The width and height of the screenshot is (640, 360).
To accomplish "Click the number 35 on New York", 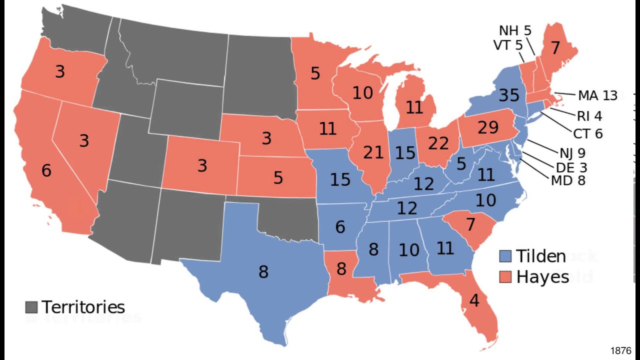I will [x=508, y=95].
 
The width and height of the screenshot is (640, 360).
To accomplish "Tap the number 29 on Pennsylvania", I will [x=488, y=128].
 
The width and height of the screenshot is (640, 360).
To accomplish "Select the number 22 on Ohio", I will [x=438, y=144].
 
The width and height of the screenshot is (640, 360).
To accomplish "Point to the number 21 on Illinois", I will [x=373, y=152].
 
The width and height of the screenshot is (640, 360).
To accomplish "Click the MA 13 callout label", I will [x=597, y=95].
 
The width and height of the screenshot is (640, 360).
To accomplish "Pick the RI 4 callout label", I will [x=589, y=116].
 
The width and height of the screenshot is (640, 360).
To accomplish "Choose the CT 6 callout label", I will [x=588, y=133].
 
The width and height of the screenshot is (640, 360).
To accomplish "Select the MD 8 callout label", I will [x=567, y=180].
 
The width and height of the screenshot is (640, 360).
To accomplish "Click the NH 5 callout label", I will [x=515, y=31].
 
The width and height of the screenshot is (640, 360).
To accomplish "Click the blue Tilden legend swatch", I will [x=505, y=256].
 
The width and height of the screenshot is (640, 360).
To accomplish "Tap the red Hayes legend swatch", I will [x=505, y=276].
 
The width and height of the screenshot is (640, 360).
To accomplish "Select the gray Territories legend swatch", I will [x=31, y=306].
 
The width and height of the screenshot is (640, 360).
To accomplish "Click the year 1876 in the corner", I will [x=620, y=350].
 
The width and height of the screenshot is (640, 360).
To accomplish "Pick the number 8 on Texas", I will [x=263, y=272].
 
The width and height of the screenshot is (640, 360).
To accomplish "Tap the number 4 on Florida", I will [x=474, y=300].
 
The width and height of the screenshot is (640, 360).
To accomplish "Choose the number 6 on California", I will [x=46, y=170].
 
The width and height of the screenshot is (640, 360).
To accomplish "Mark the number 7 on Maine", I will [x=555, y=48].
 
